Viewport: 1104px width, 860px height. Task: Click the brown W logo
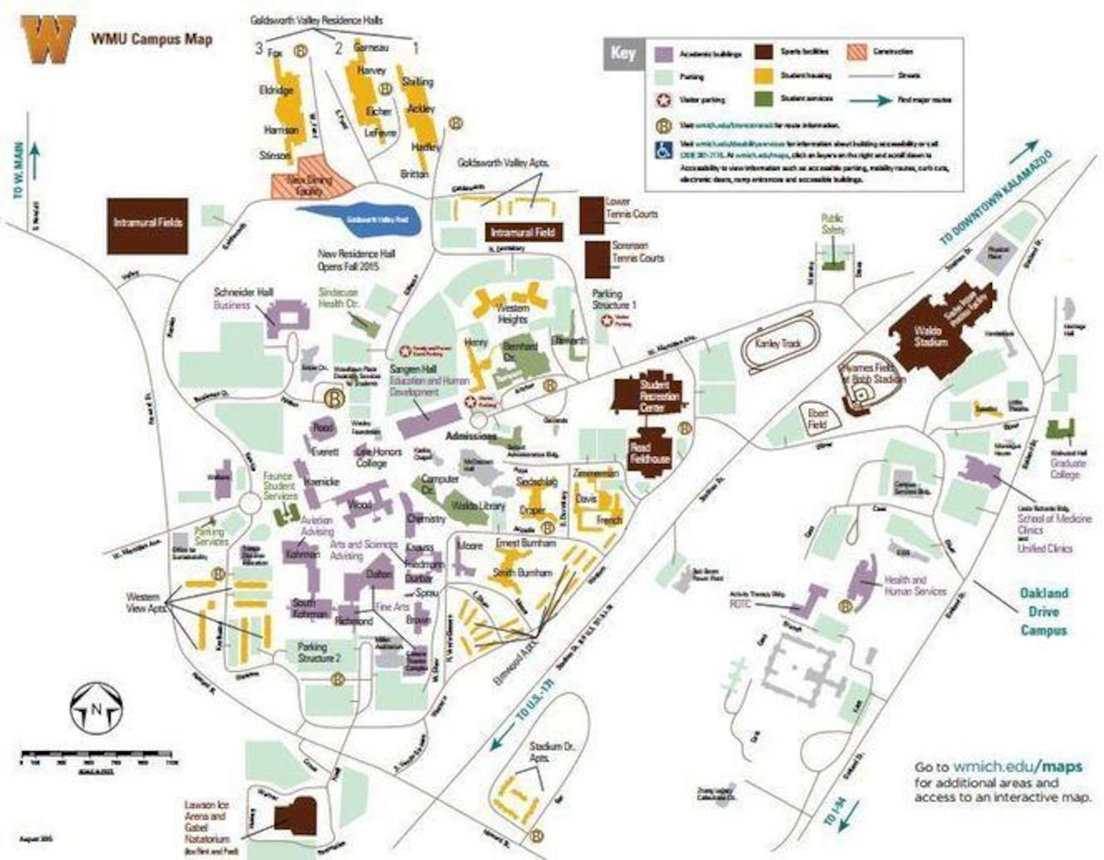[x=50, y=41]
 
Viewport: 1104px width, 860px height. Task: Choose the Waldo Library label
[x=477, y=505]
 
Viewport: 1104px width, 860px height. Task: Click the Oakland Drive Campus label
[x=1044, y=612]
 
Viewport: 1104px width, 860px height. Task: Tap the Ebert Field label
[x=818, y=418]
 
